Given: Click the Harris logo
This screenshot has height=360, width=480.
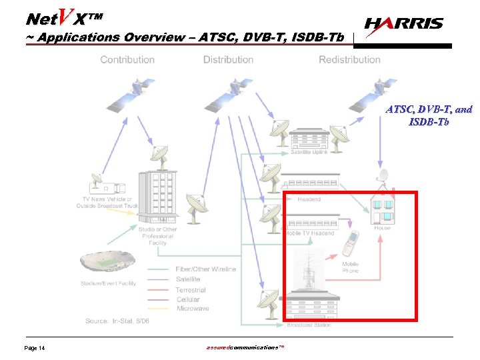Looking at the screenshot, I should pos(404,24).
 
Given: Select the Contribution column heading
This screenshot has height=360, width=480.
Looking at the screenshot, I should pos(127,59).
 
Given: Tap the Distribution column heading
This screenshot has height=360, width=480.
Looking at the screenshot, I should pos(228,59).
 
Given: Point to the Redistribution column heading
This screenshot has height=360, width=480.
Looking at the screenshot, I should pos(349,59).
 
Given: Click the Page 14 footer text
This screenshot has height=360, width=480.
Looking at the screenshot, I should pos(35,349).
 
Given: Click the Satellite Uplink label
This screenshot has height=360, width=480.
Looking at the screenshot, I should pos(309,153).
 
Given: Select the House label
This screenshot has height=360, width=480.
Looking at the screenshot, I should pos(382,227).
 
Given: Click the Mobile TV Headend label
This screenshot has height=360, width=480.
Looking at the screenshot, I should pos(309,233).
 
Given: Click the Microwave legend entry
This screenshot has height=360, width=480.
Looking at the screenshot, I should pos(193,309).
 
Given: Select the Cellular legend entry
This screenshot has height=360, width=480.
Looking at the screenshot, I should pos(188,299).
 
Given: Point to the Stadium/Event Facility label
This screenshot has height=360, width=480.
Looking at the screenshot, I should pos(107,283).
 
